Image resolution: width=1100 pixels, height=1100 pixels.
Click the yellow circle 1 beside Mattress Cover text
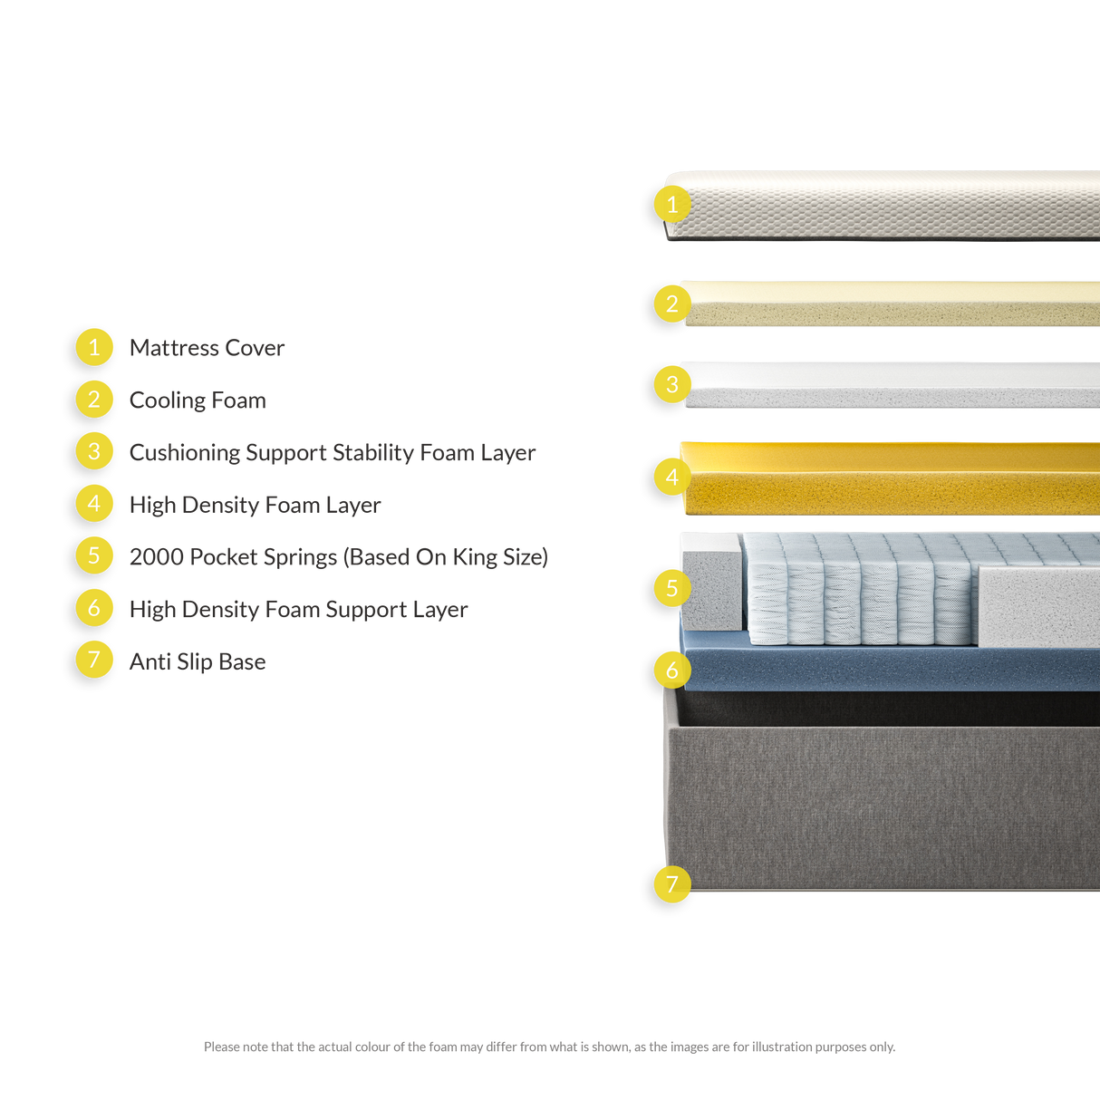point(94,347)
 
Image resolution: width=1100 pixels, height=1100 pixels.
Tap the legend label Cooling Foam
point(198,400)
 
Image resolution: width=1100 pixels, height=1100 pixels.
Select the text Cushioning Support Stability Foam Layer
point(332,452)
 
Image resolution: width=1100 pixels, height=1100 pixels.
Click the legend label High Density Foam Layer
point(255,505)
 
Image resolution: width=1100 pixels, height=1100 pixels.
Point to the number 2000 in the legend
point(156,556)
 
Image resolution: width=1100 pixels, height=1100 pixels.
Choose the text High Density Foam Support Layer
point(298,609)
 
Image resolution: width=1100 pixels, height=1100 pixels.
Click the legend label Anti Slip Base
point(198,661)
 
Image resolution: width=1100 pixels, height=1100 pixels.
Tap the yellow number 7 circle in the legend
point(94,660)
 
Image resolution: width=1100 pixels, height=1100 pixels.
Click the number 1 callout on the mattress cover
point(672,205)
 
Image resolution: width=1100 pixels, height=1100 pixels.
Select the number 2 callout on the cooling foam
point(672,303)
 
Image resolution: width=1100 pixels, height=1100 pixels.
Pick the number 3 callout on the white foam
point(672,384)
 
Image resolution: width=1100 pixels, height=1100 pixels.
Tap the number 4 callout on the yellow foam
point(672,477)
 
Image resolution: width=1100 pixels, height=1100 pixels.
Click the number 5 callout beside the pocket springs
point(672,588)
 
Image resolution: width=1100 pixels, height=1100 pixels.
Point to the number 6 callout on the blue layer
point(672,670)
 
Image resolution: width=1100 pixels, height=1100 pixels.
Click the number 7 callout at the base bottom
point(672,883)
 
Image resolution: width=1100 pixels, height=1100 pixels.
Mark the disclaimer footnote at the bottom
point(549,1047)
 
